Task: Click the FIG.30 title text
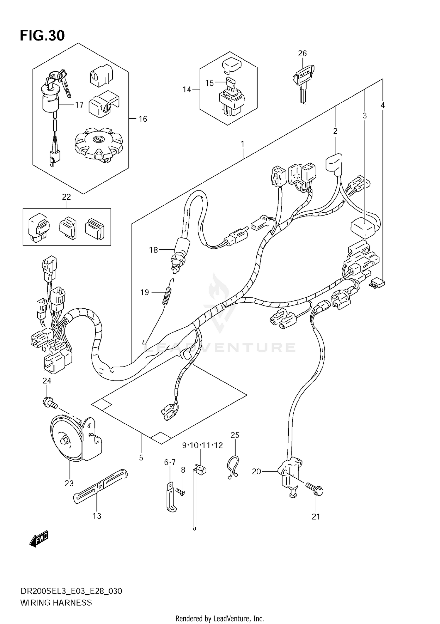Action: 42,36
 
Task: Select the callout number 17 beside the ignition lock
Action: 79,105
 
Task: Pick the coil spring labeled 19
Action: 167,295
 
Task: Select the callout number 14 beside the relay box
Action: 187,90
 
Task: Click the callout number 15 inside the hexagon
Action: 209,83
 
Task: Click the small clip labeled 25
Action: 233,467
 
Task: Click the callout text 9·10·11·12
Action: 202,445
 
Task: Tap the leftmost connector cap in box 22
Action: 38,227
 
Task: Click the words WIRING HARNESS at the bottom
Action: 56,603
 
